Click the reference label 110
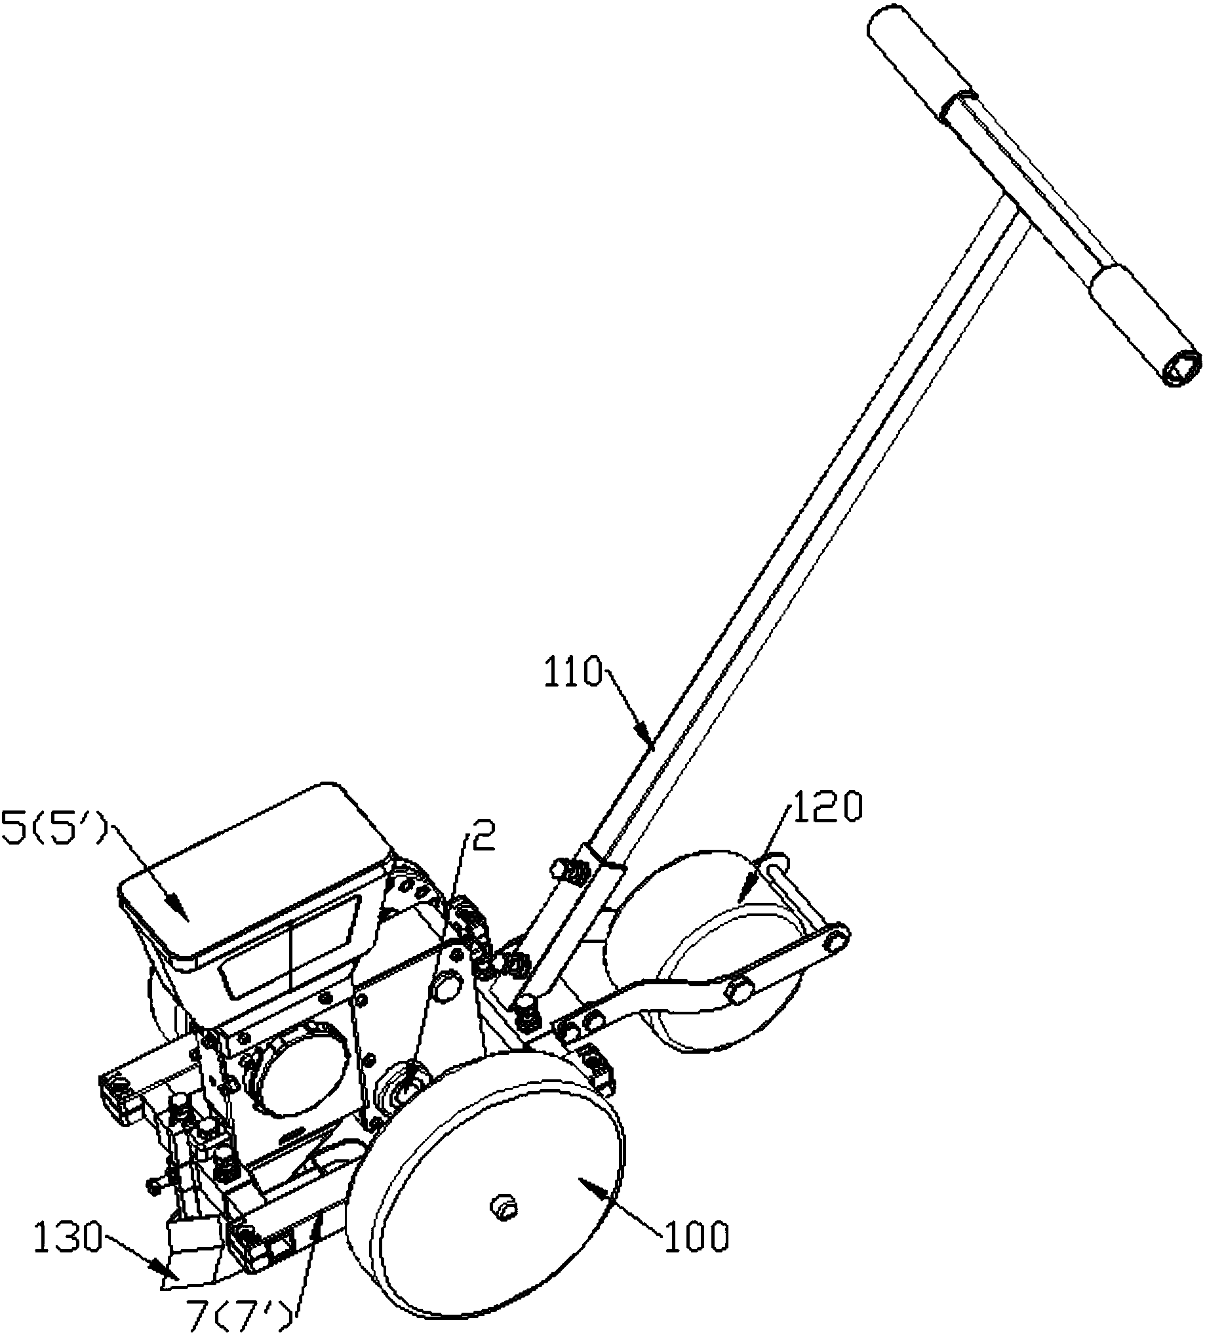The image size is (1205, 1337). (x=574, y=673)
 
